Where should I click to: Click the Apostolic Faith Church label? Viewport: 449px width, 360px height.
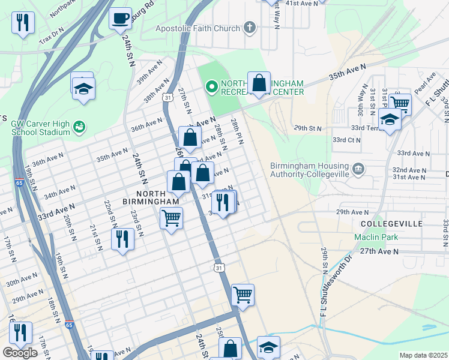(197, 28)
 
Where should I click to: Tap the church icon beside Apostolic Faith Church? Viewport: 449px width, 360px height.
(249, 28)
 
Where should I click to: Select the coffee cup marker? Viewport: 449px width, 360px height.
(121, 18)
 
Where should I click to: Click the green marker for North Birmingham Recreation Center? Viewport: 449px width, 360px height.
(211, 87)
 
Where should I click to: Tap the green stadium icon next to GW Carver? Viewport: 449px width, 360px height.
(79, 127)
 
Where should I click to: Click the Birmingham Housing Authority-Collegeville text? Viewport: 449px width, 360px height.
(309, 170)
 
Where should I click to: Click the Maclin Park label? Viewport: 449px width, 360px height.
(375, 238)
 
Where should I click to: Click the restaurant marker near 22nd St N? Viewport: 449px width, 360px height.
(122, 239)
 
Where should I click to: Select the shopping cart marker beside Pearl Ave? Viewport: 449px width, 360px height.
(399, 103)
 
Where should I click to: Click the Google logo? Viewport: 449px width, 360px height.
(20, 353)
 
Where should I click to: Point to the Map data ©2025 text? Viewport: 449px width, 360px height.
(423, 355)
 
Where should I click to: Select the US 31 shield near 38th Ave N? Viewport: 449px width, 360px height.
(168, 97)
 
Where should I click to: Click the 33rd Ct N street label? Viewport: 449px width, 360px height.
(346, 140)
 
